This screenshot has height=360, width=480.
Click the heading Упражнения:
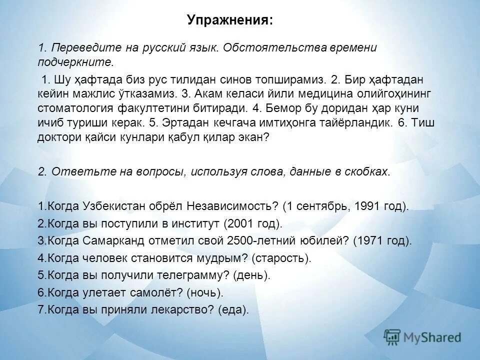230,21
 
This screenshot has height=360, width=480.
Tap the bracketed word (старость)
281,258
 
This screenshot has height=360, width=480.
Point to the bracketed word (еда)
233,309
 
